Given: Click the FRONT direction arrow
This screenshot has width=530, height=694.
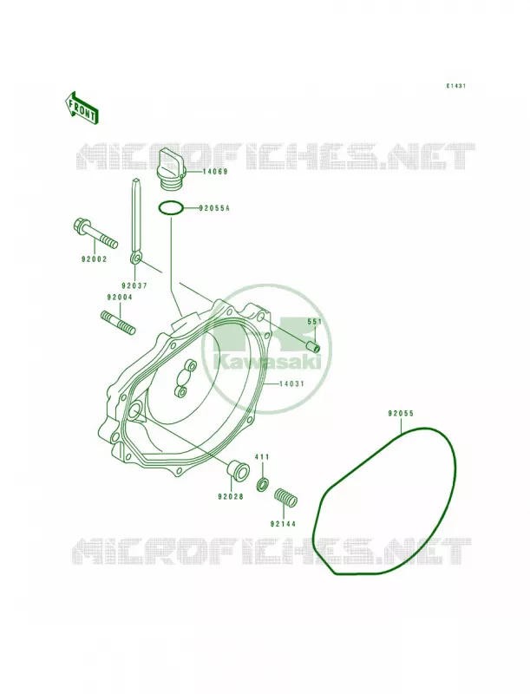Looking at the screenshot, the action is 81,108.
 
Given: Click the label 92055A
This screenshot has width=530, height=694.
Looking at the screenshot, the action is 214,207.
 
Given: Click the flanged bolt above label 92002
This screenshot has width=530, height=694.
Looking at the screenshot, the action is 95,232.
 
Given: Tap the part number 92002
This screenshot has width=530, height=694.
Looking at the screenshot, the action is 94,259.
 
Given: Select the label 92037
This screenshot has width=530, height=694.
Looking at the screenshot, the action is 134,286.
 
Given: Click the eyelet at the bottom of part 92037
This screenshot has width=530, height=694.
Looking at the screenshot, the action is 135,259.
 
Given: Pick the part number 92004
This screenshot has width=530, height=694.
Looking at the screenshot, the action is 119,298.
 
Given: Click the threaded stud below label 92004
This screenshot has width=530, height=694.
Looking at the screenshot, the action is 117,324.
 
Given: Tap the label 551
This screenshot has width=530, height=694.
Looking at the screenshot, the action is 315,322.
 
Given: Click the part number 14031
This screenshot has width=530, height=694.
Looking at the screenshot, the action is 291,383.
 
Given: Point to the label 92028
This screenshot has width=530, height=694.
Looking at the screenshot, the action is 230,496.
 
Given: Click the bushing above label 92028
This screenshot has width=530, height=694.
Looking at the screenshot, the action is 237,469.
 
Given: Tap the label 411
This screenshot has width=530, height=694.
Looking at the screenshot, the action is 261,457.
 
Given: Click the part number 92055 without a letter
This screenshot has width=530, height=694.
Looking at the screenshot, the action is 401,414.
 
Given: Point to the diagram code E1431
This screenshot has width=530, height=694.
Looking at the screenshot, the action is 455,86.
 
